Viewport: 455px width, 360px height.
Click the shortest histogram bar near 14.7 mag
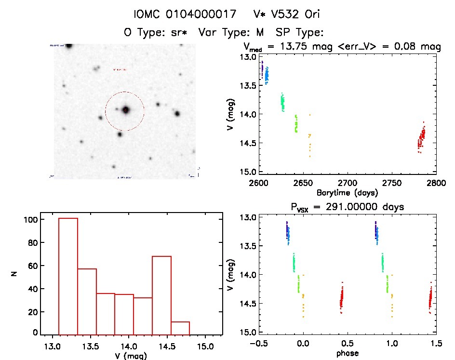[x=180, y=328]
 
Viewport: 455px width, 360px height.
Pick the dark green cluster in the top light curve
[x=282, y=102]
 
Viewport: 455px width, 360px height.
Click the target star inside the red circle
[x=126, y=110]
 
